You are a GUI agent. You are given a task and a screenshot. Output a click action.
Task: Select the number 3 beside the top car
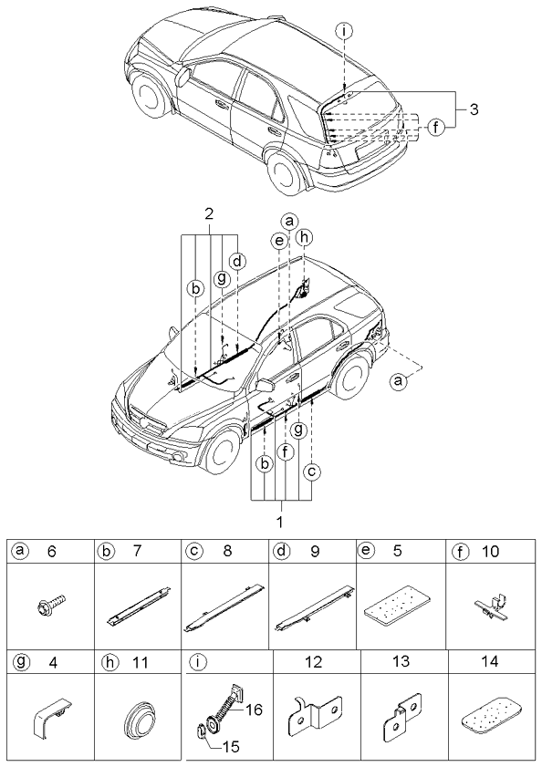click(474, 109)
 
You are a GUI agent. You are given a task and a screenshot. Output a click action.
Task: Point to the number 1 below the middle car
click(280, 523)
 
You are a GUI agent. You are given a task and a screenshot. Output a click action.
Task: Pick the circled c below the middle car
click(312, 472)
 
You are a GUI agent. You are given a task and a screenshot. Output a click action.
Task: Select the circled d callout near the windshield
click(236, 262)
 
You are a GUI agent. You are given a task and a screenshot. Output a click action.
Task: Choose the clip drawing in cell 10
click(490, 606)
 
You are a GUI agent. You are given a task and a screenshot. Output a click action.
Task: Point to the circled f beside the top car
click(437, 128)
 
